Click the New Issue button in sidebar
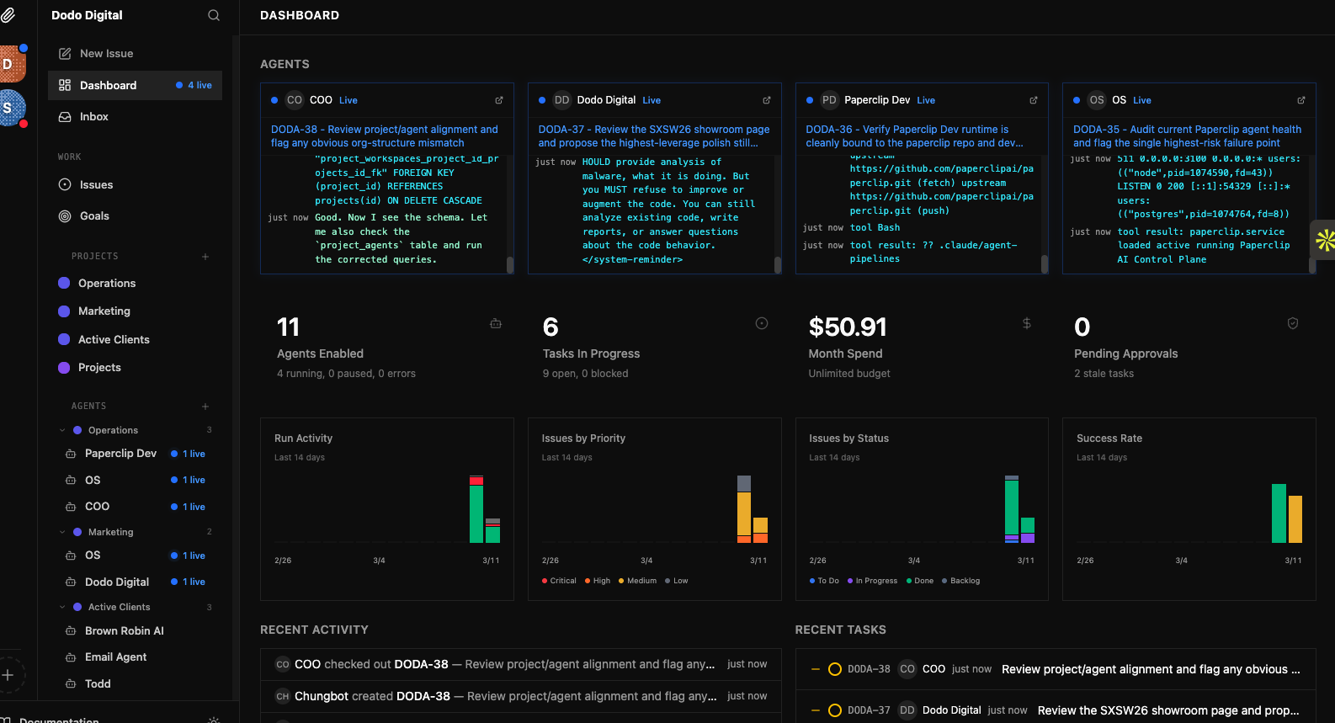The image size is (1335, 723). [x=106, y=53]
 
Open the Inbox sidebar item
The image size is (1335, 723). [x=93, y=117]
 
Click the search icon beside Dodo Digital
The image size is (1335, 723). [x=214, y=15]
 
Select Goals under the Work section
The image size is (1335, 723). [x=94, y=216]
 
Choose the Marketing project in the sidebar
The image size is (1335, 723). [x=104, y=311]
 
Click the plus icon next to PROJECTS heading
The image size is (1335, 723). [x=205, y=257]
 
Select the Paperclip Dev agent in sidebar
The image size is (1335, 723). [x=120, y=454]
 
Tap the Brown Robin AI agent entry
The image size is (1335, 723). [x=124, y=631]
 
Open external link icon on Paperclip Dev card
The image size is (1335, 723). [x=1034, y=100]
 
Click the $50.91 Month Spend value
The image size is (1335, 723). [x=848, y=327]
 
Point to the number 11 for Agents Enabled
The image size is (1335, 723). [x=288, y=327]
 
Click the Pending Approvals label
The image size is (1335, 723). [x=1125, y=354]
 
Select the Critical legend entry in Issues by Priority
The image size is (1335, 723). [x=562, y=581]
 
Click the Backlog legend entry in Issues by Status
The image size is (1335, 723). [x=964, y=581]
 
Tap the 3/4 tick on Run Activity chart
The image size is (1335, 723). [x=379, y=561]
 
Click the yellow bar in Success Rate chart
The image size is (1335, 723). [x=1295, y=518]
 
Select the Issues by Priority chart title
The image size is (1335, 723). [x=583, y=439]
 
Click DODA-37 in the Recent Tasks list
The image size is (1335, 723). [x=868, y=710]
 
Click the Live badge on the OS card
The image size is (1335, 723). [x=1142, y=100]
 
